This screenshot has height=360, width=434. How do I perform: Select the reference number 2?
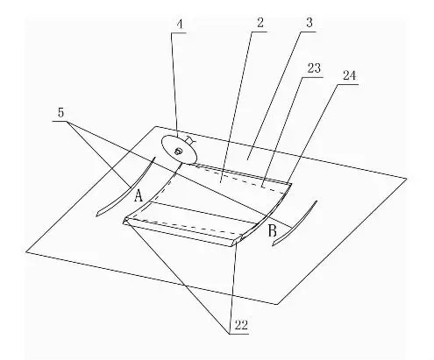point(260,23)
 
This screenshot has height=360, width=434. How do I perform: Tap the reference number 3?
point(309,23)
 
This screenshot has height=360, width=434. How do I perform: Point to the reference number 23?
point(314,68)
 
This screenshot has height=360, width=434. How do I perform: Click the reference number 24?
point(350,75)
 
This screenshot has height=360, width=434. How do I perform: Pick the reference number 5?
point(60,113)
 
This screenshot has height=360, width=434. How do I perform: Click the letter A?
point(139,195)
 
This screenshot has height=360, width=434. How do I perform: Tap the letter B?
point(272,230)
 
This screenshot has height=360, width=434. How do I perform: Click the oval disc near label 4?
point(179,149)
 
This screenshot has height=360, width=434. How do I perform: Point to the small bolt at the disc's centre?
point(177,151)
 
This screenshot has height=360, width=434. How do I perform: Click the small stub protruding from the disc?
point(189,141)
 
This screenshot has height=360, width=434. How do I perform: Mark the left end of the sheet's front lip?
point(125,221)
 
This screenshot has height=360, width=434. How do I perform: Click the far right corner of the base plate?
point(407,179)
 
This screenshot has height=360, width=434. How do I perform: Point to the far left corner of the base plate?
point(26,251)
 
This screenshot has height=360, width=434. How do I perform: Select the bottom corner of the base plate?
point(277,304)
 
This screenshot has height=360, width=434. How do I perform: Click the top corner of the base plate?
point(156,126)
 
